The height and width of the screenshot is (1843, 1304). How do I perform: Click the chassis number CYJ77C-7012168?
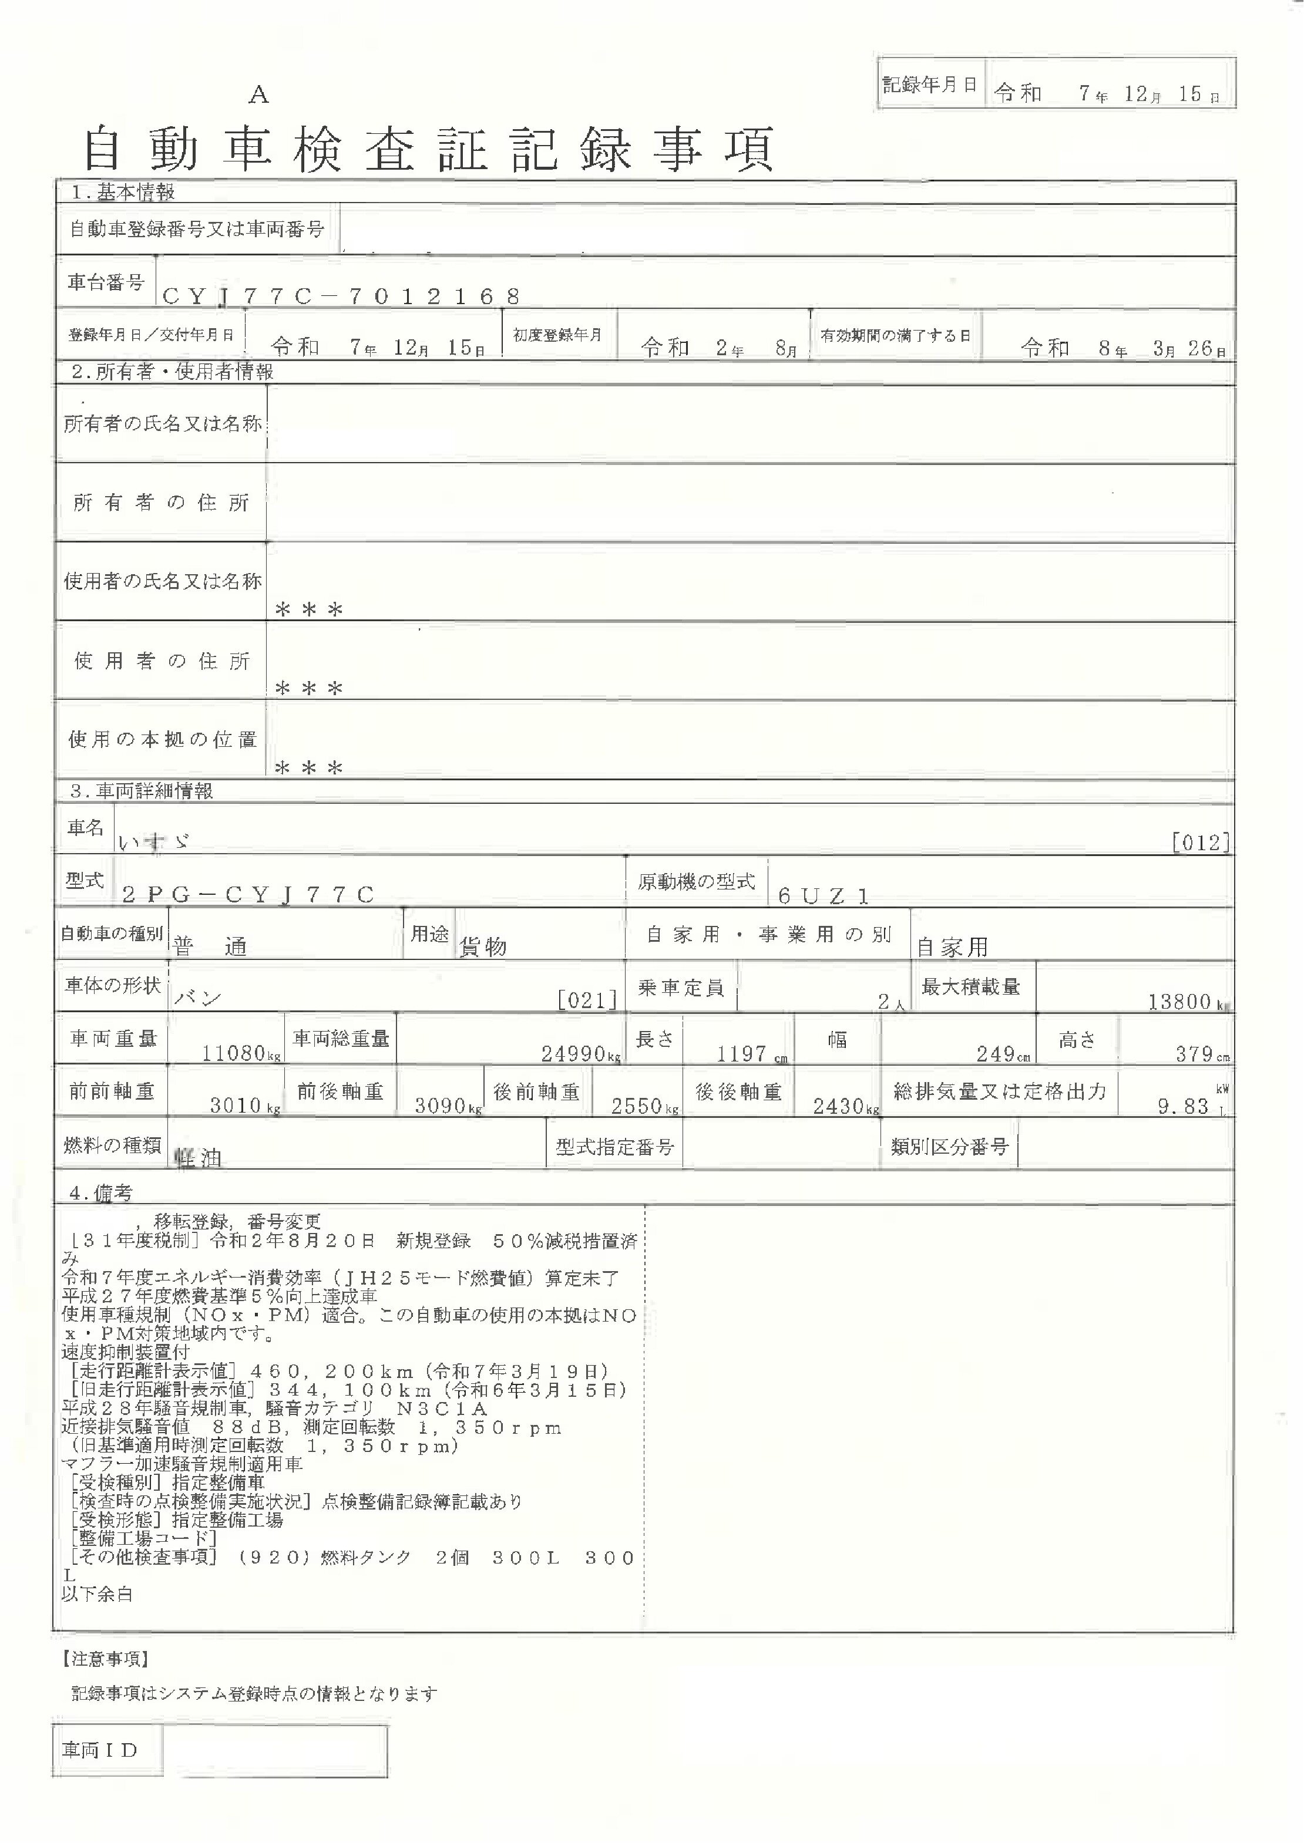tap(341, 296)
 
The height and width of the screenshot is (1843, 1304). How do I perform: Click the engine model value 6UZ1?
tap(823, 896)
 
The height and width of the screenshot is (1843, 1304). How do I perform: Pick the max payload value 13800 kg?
tap(1180, 1001)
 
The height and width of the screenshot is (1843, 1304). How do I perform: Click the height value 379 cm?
tap(1194, 1053)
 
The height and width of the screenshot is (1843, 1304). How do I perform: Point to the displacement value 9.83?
tap(1183, 1106)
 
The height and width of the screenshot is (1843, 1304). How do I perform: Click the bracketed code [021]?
tap(587, 999)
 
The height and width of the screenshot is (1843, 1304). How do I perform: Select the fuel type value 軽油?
tap(197, 1157)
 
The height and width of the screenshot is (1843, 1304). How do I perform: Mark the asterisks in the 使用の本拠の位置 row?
tap(309, 768)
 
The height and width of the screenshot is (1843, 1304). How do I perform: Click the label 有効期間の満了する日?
tap(895, 335)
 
